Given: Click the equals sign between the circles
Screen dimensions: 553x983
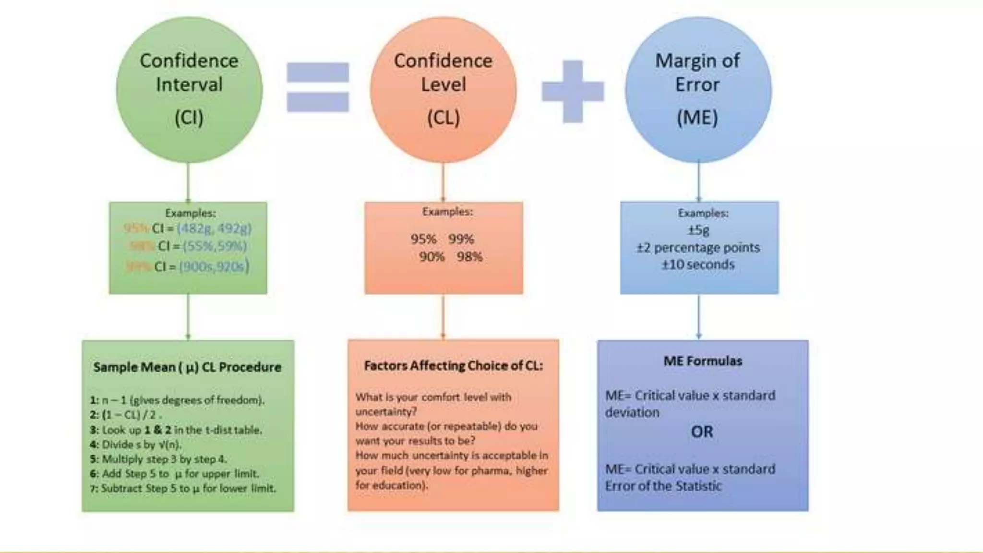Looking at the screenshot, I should point(318,87).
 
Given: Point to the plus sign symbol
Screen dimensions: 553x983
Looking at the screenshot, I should point(573,91).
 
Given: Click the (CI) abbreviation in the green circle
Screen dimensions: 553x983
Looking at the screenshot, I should point(189,118).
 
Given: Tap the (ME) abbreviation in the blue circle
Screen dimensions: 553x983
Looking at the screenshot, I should point(697,118).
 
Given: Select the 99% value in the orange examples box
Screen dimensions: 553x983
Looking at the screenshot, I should point(461,239).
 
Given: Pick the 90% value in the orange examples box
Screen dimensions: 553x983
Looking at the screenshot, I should point(432,257).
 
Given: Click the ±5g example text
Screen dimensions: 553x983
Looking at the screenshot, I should point(698,230).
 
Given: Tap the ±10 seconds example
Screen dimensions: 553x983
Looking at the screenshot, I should point(698,265).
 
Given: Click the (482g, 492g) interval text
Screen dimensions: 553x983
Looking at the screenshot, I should point(214,228).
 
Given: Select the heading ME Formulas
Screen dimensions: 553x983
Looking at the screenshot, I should point(703,361).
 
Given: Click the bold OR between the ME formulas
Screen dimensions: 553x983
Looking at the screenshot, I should point(702,432).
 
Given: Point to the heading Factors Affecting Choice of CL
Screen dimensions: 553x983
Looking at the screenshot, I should point(453,366).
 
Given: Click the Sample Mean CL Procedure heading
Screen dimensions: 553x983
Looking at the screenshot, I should point(187,367).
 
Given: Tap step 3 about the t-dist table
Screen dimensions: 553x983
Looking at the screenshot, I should point(176,430).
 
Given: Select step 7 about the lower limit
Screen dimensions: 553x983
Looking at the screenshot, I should point(183,489).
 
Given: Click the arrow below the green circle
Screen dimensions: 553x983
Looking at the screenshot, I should point(188,182).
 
